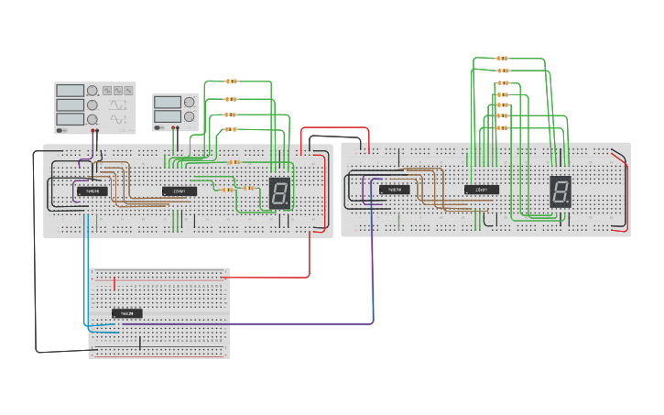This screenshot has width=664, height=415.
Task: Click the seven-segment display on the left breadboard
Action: tap(280, 192)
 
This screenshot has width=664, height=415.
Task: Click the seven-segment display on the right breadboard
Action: tap(561, 191)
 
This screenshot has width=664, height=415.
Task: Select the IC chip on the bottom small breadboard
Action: tap(127, 313)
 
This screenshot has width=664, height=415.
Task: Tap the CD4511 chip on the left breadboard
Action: tap(179, 191)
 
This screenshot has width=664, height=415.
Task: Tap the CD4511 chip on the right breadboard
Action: tap(481, 190)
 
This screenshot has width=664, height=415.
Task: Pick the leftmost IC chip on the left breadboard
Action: tap(92, 191)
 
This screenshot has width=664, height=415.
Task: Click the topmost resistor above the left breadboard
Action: tap(230, 82)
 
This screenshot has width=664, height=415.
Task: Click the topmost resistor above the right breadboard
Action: tap(502, 59)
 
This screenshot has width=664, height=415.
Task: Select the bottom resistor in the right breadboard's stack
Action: tap(502, 128)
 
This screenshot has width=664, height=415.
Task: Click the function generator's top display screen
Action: tap(70, 90)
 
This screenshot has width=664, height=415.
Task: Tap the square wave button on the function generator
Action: tap(107, 91)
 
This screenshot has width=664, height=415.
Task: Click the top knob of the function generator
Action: tap(93, 91)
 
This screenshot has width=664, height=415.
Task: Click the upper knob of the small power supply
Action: tap(189, 101)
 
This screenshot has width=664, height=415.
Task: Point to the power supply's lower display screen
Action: tap(167, 115)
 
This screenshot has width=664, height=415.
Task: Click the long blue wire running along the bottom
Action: tap(256, 323)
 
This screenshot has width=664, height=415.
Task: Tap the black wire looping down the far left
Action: tap(36, 275)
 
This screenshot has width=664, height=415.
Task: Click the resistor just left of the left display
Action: tap(249, 188)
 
